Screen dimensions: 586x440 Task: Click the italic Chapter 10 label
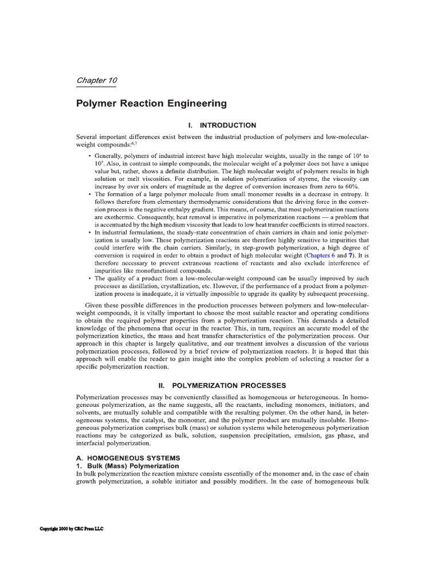(x=96, y=80)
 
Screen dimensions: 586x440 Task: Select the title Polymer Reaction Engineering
(x=151, y=104)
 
